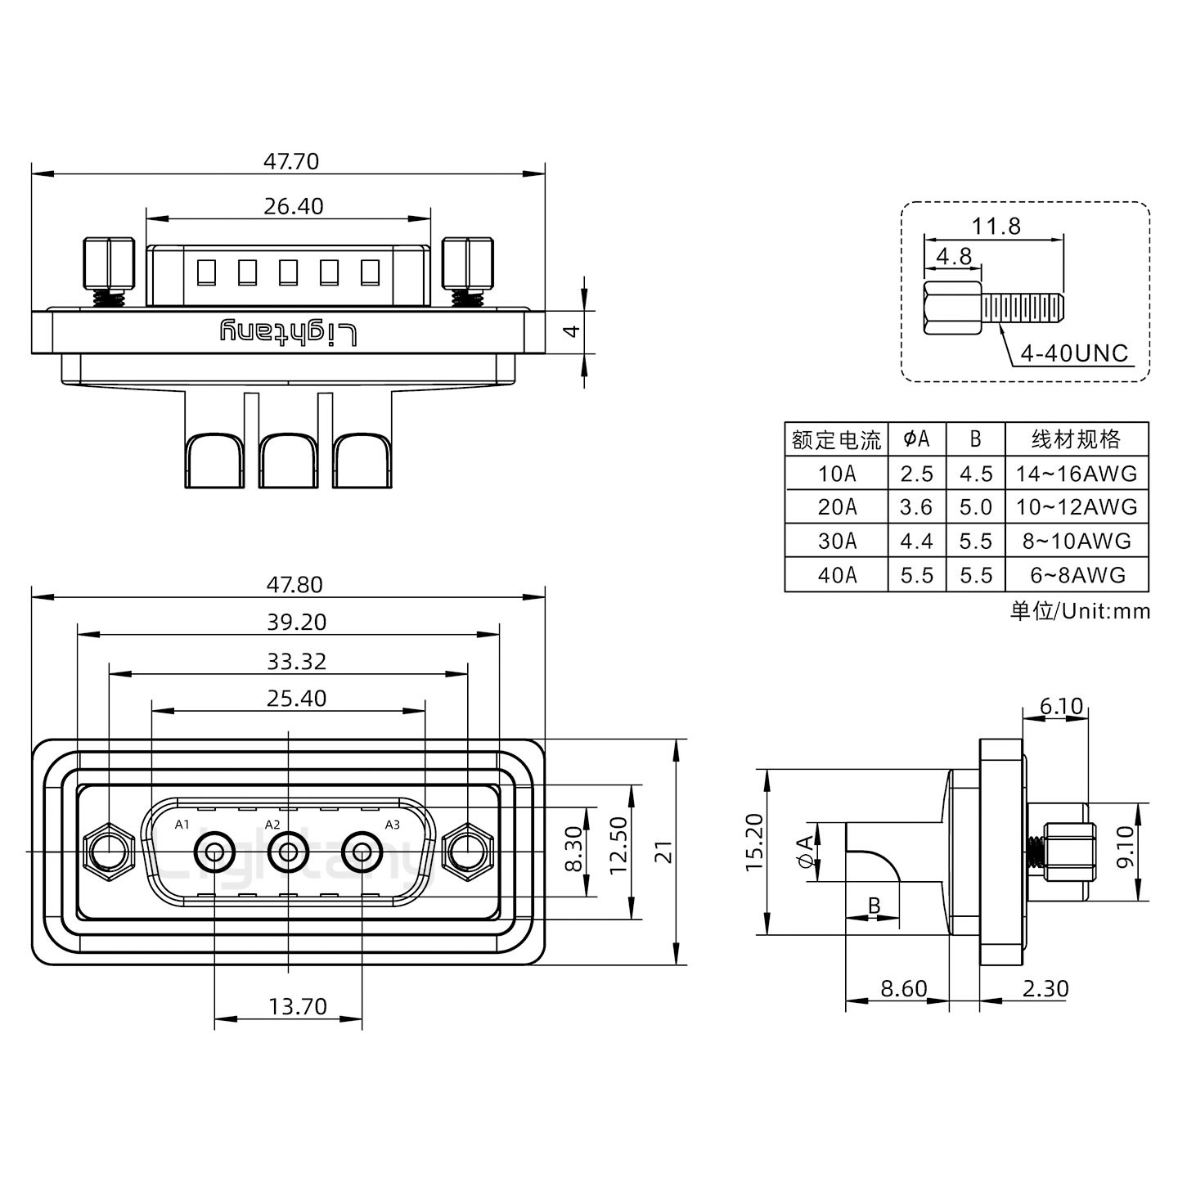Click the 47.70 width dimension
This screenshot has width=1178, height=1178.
[290, 161]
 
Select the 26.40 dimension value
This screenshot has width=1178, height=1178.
[294, 206]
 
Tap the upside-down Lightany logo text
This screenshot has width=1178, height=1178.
[289, 332]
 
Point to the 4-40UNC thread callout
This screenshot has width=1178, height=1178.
[1073, 353]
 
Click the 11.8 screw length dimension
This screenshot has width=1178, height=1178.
[996, 226]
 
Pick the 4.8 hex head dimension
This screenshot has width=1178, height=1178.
[954, 257]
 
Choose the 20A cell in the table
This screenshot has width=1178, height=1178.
[836, 507]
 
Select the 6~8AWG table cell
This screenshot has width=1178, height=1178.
[1077, 575]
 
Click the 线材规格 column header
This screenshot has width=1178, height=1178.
[1076, 439]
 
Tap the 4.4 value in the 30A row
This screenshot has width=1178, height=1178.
[916, 542]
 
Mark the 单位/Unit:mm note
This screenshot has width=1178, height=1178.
[1079, 611]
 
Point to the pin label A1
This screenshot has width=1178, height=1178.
[182, 824]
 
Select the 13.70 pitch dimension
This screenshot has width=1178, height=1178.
[298, 1006]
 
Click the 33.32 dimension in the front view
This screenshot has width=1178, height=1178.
[296, 661]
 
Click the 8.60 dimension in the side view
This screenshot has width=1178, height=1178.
[903, 988]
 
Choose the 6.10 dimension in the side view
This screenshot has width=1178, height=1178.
[1061, 706]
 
